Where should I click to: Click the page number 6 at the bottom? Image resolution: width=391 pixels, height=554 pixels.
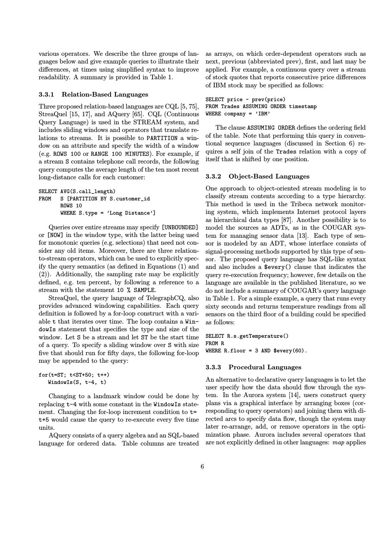click(202, 467)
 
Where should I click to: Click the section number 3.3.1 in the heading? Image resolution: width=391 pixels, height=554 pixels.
click(46, 95)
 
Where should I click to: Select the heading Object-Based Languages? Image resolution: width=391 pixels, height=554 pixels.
click(269, 177)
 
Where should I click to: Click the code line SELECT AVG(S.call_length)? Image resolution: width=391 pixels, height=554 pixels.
click(77, 192)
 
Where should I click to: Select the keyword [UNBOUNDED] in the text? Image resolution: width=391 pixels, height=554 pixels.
click(180, 227)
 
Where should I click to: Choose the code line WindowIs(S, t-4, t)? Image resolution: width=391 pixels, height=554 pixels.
click(77, 382)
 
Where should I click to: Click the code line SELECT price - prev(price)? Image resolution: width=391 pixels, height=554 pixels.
click(245, 100)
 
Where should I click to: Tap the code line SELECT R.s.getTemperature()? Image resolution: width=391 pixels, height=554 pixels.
click(247, 336)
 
